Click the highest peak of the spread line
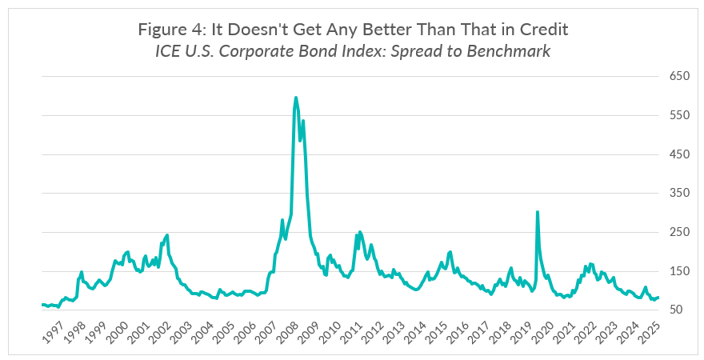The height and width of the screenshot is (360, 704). tap(296, 98)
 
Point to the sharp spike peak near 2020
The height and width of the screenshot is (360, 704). tap(537, 212)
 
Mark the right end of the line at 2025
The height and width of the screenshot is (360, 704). tap(658, 297)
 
